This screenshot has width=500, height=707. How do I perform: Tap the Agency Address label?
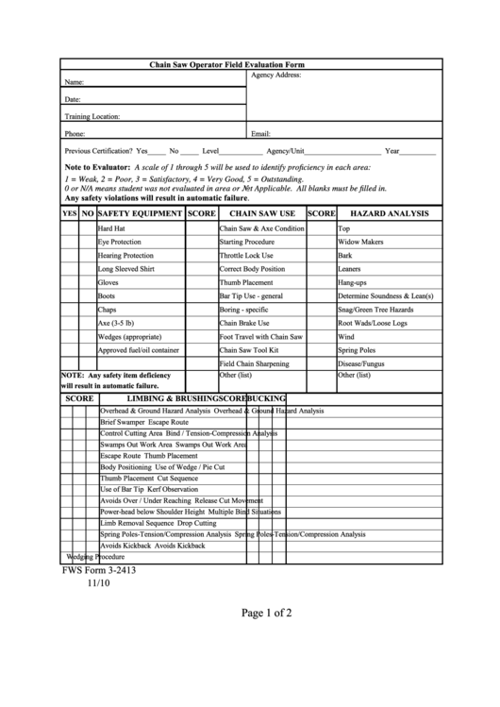(275, 75)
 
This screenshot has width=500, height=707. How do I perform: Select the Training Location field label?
(92, 116)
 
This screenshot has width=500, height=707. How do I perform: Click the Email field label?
(261, 134)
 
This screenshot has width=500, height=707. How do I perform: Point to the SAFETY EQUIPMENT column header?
(140, 214)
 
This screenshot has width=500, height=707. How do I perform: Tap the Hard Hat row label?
(111, 228)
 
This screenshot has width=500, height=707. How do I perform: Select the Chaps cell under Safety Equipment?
(107, 309)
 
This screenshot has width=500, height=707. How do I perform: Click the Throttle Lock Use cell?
(246, 255)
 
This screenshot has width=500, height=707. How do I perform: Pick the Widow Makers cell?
(360, 242)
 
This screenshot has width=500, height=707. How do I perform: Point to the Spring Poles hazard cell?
(356, 349)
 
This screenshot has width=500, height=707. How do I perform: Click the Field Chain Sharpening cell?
(255, 362)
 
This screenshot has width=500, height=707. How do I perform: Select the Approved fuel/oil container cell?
(138, 349)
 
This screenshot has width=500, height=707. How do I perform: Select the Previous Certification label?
(99, 151)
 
